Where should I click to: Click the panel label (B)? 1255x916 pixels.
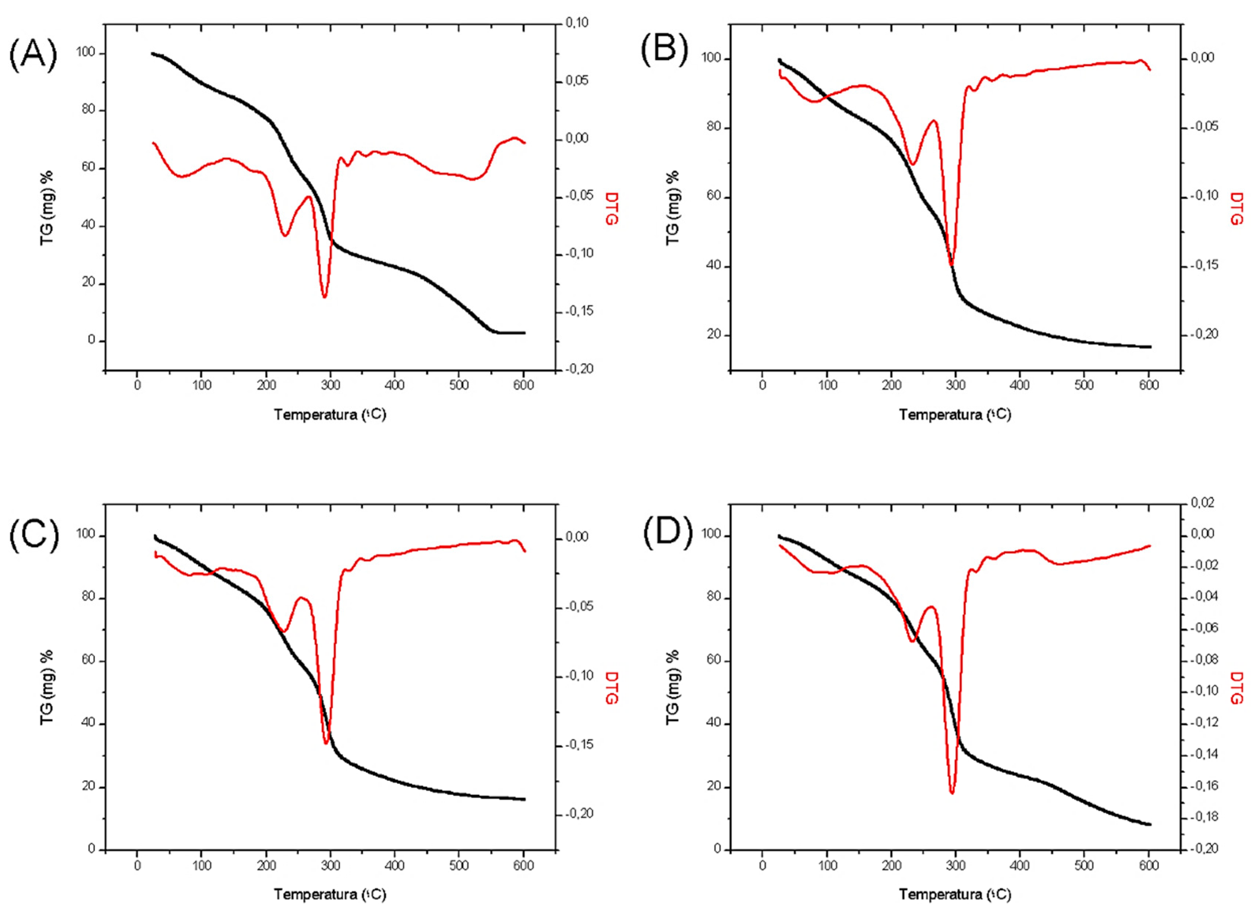click(664, 49)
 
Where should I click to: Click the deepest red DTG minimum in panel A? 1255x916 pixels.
click(324, 297)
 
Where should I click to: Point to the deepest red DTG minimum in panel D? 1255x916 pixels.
click(952, 793)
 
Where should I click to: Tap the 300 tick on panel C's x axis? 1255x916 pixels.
click(330, 866)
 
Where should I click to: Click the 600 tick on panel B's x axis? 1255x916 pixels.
click(1149, 386)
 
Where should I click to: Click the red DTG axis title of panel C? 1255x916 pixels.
click(611, 688)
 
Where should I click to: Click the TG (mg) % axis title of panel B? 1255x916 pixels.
click(672, 208)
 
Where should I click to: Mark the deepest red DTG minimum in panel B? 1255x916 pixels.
click(951, 265)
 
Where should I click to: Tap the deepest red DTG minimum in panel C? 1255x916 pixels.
click(326, 744)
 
